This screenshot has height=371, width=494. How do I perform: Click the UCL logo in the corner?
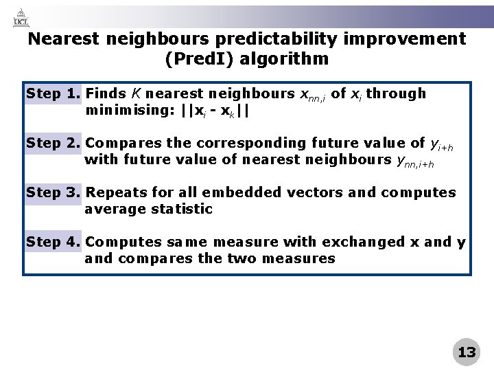point(21,17)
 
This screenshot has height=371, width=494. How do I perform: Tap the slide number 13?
point(467,352)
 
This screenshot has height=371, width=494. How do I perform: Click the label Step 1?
point(54,93)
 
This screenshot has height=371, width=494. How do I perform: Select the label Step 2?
point(54,143)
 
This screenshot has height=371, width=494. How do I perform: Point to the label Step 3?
point(54,192)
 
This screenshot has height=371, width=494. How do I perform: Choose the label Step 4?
point(54,242)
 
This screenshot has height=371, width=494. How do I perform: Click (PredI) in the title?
point(200,59)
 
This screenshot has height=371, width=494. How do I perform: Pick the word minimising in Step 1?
point(128,110)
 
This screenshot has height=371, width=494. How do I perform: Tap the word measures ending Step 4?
point(302,259)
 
